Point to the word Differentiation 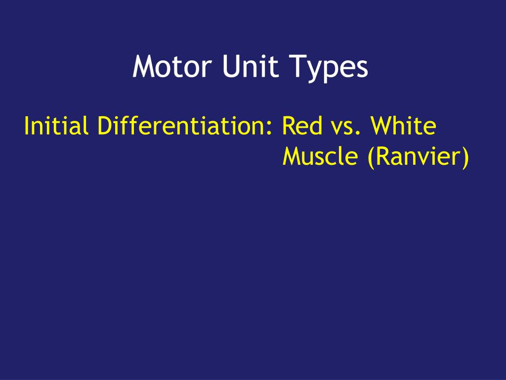(181, 126)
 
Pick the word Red (301, 126)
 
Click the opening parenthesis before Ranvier (370, 158)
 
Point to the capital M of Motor (143, 67)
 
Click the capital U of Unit (230, 67)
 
